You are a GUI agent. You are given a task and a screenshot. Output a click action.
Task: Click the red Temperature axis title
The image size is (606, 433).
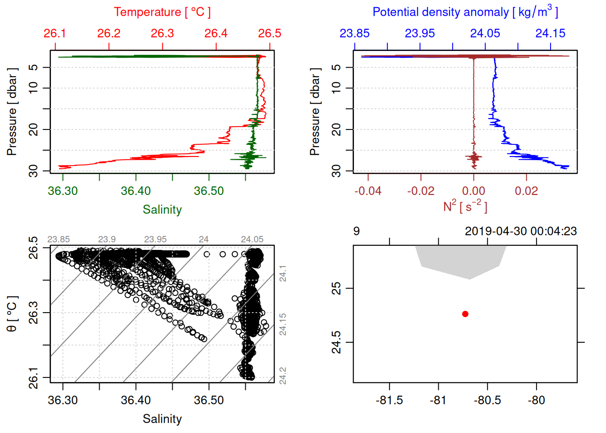point(162,12)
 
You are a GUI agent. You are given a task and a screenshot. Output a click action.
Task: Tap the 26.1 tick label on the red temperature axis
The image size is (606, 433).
point(55,33)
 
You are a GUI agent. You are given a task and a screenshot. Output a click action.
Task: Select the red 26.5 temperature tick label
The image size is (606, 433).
point(269,33)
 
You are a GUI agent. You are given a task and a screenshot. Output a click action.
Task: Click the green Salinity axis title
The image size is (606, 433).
point(162,210)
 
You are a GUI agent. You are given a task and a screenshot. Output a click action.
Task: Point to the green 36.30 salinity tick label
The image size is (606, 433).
point(63,191)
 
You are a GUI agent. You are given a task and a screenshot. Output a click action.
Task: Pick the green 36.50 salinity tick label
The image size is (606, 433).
point(209,191)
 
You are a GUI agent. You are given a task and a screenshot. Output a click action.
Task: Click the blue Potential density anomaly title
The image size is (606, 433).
point(465,12)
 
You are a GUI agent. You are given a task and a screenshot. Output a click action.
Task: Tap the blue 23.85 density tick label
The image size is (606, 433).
point(354,33)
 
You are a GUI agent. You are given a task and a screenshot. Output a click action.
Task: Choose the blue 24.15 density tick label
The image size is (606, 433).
point(550,33)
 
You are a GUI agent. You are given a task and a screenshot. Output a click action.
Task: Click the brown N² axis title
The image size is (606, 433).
point(465,206)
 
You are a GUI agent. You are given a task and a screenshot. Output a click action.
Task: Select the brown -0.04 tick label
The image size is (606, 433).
point(367,191)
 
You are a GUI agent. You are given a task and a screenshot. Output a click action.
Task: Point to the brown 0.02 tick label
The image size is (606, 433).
point(526,191)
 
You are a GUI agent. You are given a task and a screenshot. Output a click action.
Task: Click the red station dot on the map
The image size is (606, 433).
point(465,314)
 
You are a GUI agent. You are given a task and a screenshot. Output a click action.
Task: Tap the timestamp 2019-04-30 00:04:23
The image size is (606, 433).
point(521,231)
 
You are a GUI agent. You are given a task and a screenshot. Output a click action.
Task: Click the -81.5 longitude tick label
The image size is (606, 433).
point(389,400)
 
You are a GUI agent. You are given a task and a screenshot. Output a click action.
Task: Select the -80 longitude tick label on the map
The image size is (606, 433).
point(536,400)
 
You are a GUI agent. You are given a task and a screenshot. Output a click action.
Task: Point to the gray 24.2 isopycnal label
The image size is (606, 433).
point(283,376)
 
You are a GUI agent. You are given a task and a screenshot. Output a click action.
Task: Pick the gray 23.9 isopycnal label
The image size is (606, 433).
point(107,240)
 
